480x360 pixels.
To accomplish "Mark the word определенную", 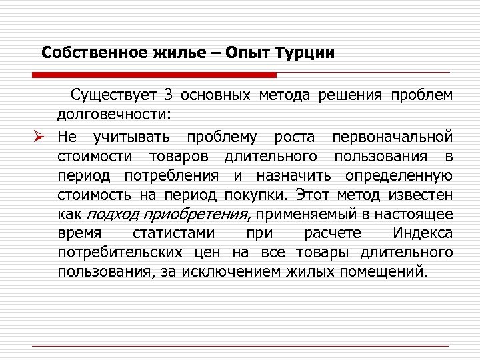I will [x=399, y=176].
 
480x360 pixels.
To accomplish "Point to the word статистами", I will [x=174, y=233].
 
